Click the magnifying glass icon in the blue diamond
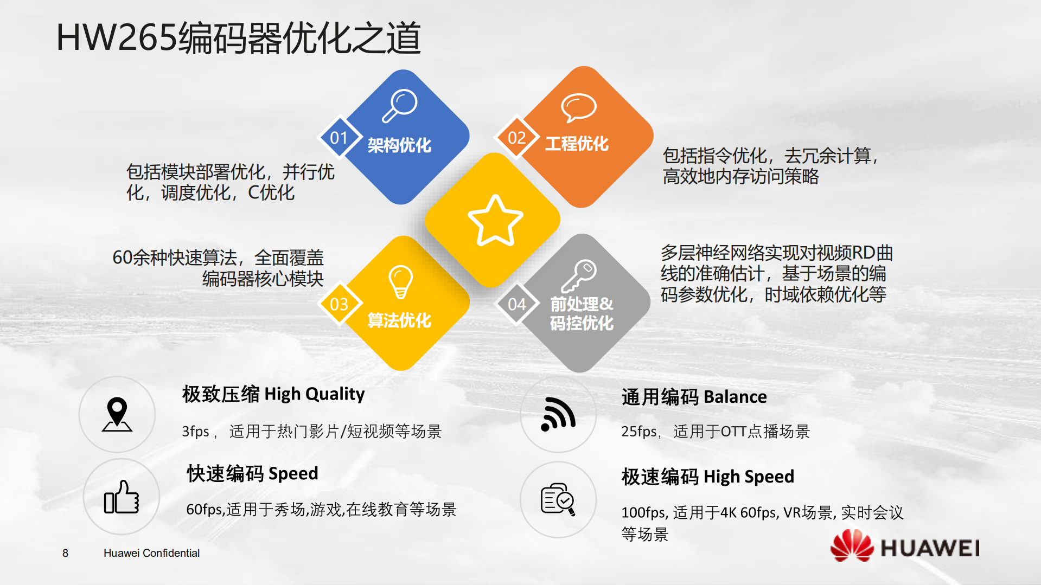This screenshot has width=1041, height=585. click(400, 105)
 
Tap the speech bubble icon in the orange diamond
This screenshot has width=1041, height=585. click(578, 107)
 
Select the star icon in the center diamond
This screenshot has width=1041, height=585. click(495, 221)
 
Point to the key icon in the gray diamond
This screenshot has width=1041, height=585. click(579, 275)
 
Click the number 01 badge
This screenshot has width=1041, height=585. click(339, 138)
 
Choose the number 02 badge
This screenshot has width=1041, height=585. click(516, 138)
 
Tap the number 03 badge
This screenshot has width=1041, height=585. click(339, 304)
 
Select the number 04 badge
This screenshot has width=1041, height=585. click(516, 304)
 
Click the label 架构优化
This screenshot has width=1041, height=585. click(399, 145)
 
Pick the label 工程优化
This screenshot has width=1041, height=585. click(577, 144)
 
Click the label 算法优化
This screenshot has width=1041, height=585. click(399, 320)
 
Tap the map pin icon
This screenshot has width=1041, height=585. click(117, 415)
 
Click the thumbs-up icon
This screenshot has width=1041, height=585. click(122, 497)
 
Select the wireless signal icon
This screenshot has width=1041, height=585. click(558, 415)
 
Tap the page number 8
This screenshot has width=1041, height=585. click(65, 553)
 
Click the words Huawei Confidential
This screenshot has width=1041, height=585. click(151, 553)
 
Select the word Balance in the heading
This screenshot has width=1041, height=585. click(735, 397)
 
